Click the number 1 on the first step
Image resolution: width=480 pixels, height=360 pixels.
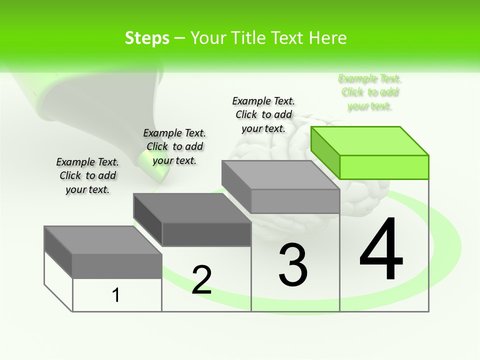[x=116, y=295]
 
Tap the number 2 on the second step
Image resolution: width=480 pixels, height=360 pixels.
[x=201, y=279]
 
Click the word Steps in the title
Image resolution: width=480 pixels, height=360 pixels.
[x=147, y=38]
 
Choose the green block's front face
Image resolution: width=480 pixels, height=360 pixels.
[x=384, y=167]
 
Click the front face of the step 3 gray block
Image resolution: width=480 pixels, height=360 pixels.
[x=295, y=201]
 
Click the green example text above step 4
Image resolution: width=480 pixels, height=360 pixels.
[x=370, y=92]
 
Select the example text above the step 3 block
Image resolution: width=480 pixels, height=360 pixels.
[x=263, y=114]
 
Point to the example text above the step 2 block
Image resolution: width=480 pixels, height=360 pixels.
[x=174, y=146]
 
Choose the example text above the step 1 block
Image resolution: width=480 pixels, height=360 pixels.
[x=87, y=175]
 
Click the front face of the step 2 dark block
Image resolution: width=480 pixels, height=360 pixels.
[x=206, y=234]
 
